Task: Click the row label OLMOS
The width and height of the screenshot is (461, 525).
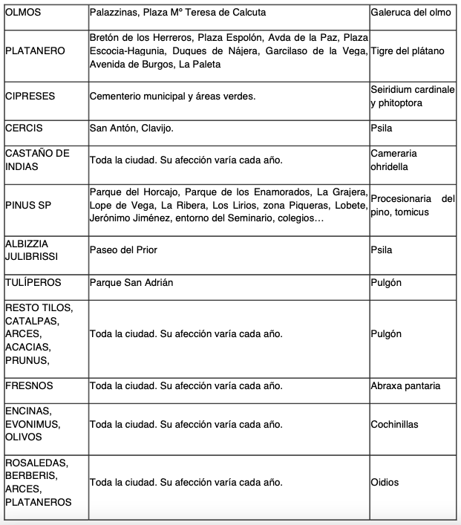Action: pos(23,13)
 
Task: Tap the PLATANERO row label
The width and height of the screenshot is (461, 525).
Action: pos(35,50)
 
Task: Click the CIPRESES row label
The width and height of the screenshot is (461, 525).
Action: pos(30,96)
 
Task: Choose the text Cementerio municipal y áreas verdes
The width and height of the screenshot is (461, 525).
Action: pos(172,96)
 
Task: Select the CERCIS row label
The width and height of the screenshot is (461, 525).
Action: pos(24,128)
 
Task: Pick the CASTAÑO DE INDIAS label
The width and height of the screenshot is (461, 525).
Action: pos(37,160)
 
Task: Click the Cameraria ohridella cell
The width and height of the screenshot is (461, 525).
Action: pos(393,160)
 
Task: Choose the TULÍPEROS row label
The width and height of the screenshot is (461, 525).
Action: pos(33,283)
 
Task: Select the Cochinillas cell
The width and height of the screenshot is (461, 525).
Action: pos(394,424)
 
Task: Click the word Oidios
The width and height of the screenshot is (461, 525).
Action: pos(385,482)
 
